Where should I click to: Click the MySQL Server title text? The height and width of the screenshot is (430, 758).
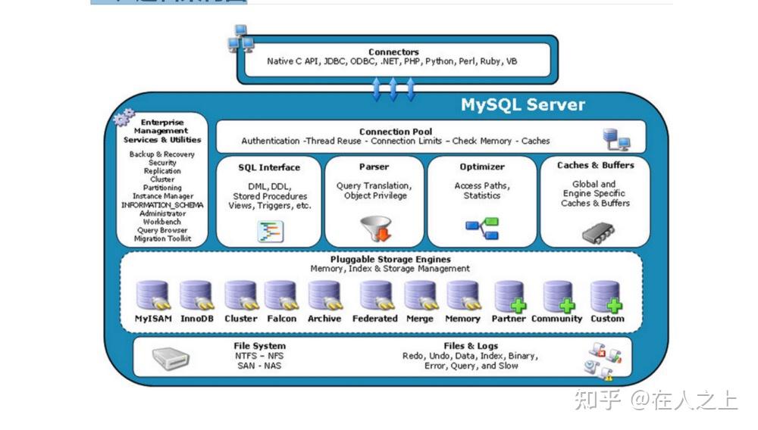pos(522,105)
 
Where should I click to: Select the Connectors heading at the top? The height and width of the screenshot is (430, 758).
pos(393,51)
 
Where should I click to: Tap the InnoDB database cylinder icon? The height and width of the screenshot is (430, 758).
pos(196,296)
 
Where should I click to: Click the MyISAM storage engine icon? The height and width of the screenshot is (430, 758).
pos(152,296)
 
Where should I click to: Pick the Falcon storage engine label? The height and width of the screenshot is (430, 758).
pos(281,319)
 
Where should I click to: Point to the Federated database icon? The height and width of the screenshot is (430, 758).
pos(375,296)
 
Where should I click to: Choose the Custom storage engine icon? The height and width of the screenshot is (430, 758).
pos(606,296)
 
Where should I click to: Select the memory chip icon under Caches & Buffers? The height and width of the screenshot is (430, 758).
pos(598,232)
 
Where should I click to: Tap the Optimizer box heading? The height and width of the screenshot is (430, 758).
pos(482,167)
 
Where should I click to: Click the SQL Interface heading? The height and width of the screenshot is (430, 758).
pos(269,167)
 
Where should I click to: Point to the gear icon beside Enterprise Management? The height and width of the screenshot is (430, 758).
pos(123,119)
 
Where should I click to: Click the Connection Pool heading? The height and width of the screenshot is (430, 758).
pos(396,131)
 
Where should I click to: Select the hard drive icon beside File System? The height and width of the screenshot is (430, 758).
pos(171,357)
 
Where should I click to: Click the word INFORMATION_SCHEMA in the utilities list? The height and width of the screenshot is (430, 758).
pos(162,204)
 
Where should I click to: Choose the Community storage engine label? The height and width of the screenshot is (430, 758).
pos(556,319)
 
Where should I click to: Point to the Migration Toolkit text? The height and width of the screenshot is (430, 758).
pos(162,238)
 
